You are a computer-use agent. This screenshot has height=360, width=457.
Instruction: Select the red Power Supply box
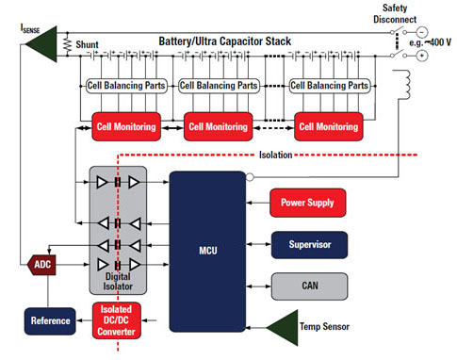pos(307,202)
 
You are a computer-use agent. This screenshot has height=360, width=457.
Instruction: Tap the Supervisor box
pos(307,244)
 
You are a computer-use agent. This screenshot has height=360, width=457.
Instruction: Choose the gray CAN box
pos(307,283)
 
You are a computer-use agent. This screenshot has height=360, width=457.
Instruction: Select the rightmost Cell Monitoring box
pos(330,125)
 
